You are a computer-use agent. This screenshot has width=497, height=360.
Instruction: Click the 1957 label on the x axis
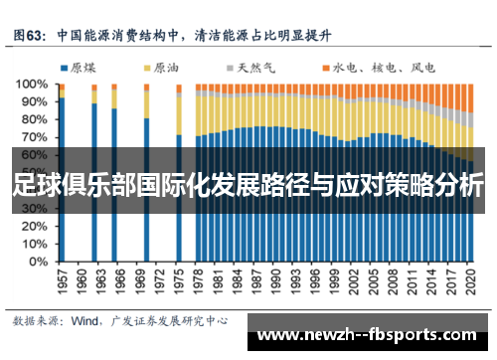click(x=62, y=281)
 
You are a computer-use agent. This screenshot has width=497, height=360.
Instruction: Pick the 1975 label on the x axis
click(x=179, y=281)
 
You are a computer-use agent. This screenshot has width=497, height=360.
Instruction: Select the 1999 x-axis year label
click(x=334, y=281)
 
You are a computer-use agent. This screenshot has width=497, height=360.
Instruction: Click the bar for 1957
click(x=62, y=179)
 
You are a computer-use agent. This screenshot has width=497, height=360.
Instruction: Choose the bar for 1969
click(x=147, y=189)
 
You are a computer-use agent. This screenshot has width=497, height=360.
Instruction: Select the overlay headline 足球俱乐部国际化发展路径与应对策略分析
click(x=248, y=186)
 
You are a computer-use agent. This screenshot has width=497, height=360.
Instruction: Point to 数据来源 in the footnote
click(x=36, y=320)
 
